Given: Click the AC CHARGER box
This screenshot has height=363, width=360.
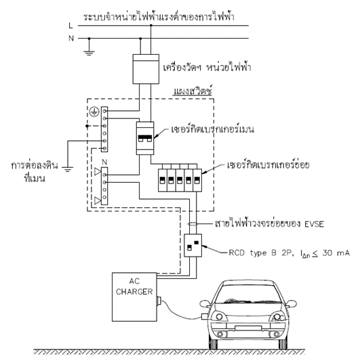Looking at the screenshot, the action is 134,297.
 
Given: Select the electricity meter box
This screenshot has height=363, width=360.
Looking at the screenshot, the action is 146,69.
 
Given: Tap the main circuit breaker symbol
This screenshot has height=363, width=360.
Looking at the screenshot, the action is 145,138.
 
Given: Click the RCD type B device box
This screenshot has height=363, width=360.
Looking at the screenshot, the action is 193,245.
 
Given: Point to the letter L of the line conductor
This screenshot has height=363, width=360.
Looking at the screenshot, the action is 71,26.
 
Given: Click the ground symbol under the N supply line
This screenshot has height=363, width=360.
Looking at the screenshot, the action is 89,54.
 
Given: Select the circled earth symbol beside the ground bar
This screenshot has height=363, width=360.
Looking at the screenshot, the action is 94,112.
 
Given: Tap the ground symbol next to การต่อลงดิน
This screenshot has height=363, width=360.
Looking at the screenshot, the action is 67,169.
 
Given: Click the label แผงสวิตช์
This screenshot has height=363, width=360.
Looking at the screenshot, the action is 193,91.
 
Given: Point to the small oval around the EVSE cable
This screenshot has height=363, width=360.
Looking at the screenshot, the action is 193,224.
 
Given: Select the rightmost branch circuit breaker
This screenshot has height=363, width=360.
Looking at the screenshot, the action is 197,180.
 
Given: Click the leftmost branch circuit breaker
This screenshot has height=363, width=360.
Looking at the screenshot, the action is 162,180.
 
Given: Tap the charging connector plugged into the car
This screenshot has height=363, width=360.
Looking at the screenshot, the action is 205,316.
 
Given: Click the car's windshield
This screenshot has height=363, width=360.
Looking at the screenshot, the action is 248,294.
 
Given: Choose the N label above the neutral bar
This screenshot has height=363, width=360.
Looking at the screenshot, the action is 104,163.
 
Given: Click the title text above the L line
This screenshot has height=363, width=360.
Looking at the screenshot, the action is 159,17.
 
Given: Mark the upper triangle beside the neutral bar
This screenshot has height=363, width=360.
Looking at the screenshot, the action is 98,171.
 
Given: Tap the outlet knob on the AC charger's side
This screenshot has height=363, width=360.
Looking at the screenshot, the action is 159,300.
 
